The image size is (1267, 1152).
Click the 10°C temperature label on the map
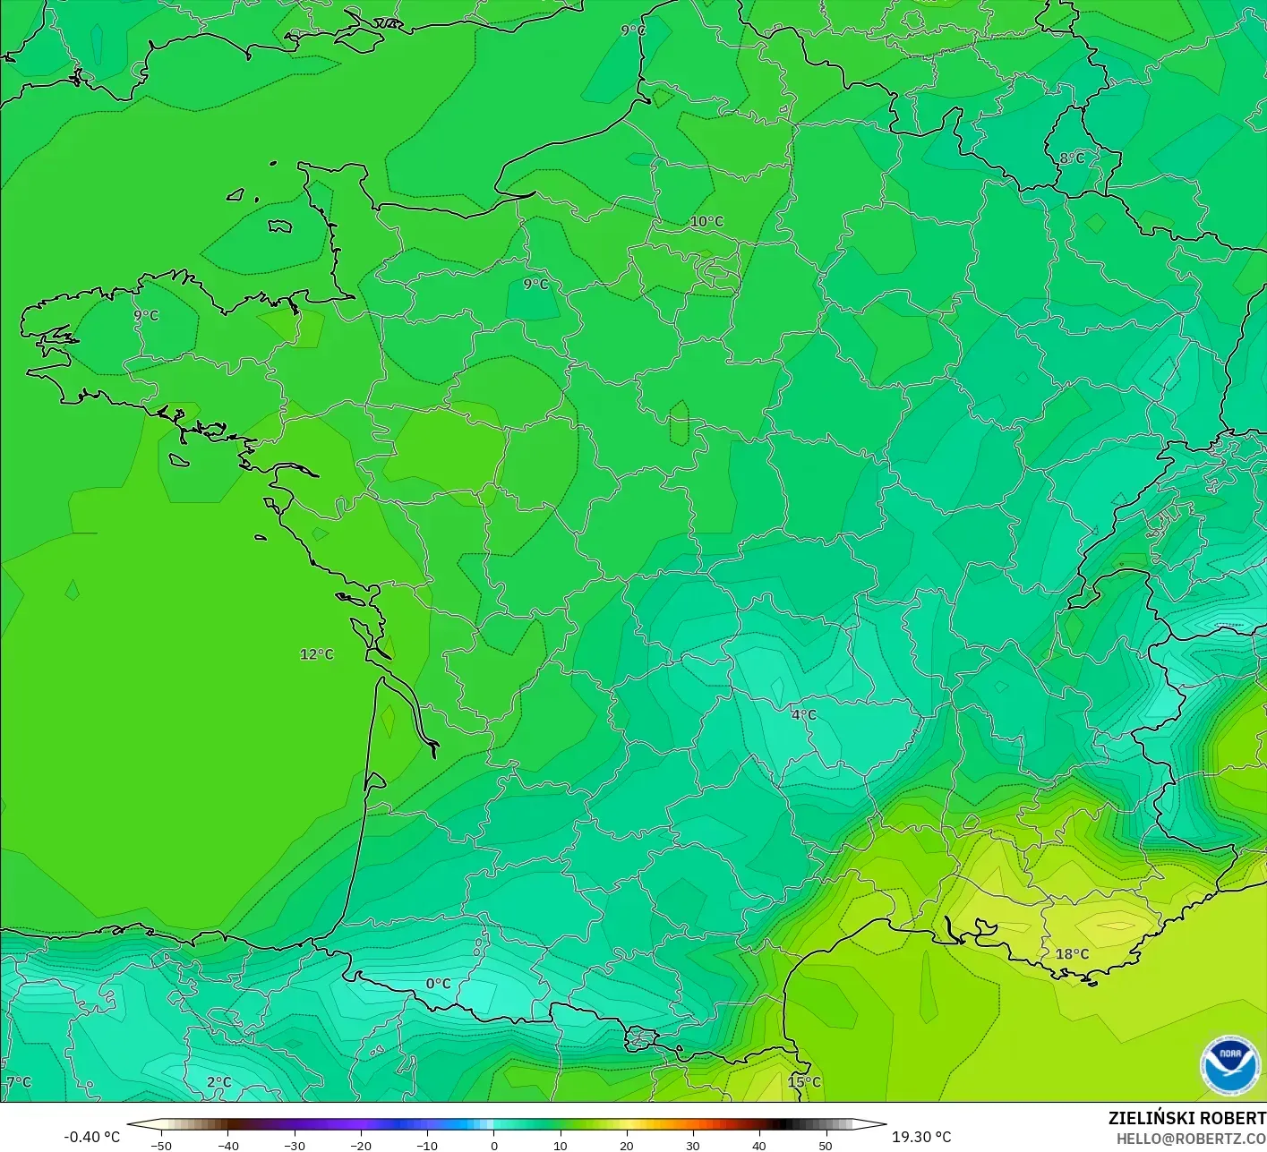tap(706, 222)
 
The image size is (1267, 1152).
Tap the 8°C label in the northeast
tap(1072, 158)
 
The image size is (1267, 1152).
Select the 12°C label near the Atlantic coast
tap(316, 654)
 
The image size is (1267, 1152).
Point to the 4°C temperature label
tap(804, 714)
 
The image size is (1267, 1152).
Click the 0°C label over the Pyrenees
tap(438, 984)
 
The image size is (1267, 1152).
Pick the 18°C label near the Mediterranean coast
tap(1072, 954)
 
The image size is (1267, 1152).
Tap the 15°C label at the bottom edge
tap(804, 1082)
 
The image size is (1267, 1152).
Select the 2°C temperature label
tap(218, 1082)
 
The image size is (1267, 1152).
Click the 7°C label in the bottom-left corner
tap(18, 1082)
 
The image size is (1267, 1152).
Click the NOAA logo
tap(1229, 1065)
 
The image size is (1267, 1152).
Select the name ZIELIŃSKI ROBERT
tap(1186, 1118)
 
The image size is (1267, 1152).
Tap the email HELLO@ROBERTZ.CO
tap(1191, 1139)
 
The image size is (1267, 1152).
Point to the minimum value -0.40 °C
tap(91, 1137)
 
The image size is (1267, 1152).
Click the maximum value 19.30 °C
tap(921, 1137)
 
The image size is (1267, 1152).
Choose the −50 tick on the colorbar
tap(161, 1146)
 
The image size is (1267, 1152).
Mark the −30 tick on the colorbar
tap(294, 1146)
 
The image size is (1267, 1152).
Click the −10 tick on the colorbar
tap(427, 1146)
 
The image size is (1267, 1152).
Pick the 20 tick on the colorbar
tap(627, 1146)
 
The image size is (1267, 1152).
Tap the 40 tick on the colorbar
tap(759, 1146)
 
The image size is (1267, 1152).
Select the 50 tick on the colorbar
tap(826, 1146)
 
